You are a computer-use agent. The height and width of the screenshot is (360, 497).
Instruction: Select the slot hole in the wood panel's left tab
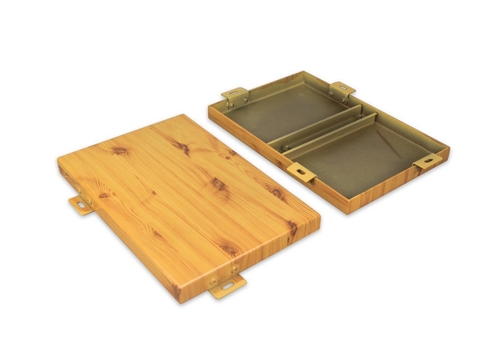pyautogui.click(x=80, y=202)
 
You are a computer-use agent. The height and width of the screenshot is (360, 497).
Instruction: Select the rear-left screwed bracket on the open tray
pyautogui.click(x=236, y=95)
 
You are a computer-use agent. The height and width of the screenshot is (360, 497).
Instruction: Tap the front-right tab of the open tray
pyautogui.click(x=428, y=162)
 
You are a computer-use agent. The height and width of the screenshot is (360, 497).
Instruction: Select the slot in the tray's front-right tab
pyautogui.click(x=427, y=160)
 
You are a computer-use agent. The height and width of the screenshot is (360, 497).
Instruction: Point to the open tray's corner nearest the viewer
pyautogui.click(x=348, y=212)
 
